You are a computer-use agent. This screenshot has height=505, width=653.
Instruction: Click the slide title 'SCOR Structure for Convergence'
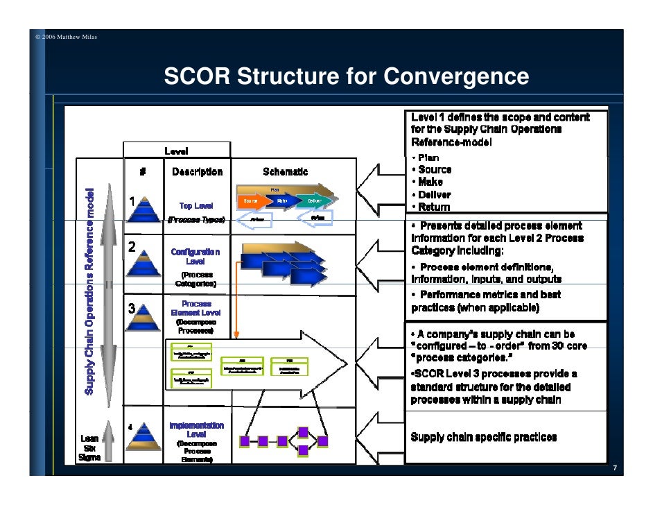point(346,78)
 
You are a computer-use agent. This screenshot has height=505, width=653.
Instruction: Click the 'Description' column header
point(197,172)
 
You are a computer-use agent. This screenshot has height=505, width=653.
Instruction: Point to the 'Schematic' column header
point(285,172)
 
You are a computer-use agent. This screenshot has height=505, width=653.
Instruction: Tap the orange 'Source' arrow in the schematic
point(252,201)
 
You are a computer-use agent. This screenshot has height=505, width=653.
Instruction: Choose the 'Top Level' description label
point(197,206)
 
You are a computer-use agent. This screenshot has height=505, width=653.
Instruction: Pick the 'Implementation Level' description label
point(196,429)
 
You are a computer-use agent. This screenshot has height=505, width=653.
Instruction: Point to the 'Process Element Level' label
point(196,309)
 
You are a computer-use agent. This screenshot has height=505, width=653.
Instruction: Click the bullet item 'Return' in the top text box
point(434,207)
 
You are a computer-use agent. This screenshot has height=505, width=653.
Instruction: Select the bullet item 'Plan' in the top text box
point(428,157)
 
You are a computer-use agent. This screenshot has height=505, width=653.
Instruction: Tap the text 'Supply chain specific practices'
point(483,437)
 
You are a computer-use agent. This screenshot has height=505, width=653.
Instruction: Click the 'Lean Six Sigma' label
point(89,447)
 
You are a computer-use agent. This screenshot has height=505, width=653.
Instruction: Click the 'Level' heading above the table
point(176,151)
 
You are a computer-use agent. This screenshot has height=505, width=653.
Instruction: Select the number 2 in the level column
point(131,248)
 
